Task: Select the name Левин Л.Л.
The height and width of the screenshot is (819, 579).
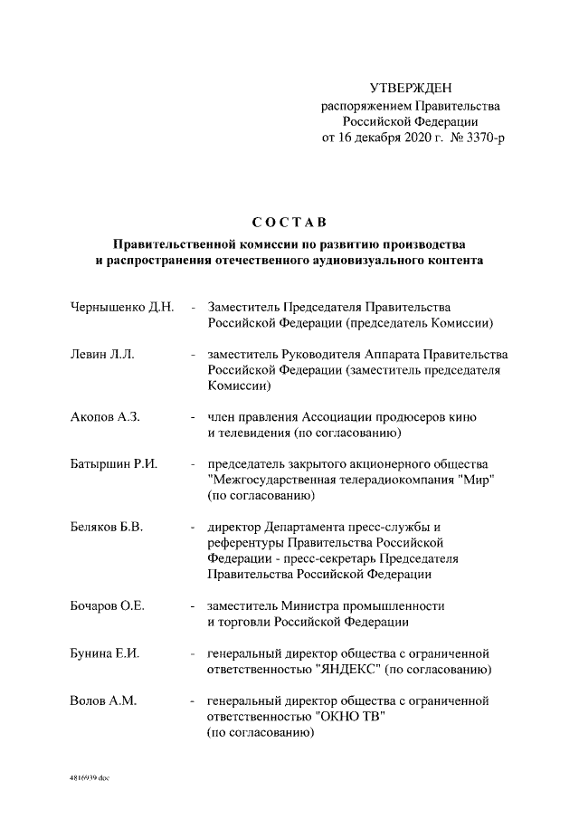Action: coord(102,355)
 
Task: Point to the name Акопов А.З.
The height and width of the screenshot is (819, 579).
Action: coord(105,417)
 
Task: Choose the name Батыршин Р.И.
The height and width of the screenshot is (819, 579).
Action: coord(114,464)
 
